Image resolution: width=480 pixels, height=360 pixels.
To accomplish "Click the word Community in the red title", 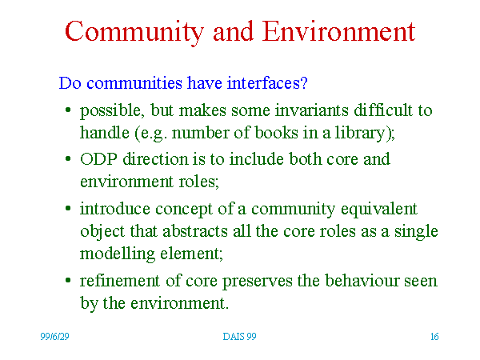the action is tap(134, 33).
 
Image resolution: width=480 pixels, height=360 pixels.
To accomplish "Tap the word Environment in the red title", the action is tap(338, 31).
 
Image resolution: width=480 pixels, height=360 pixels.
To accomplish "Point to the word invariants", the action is tap(312, 110).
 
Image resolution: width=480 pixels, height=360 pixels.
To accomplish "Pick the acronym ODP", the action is tap(98, 159).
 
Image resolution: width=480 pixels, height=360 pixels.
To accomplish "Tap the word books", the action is tap(276, 133).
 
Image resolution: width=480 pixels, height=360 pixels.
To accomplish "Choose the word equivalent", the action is tap(379, 210).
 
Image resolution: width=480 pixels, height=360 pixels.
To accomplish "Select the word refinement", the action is tap(120, 281).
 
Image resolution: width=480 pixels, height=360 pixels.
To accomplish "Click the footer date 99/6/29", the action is tap(54, 337).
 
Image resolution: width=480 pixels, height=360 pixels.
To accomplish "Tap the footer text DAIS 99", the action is tap(239, 337).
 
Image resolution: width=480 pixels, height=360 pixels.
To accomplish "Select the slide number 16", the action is tap(434, 337).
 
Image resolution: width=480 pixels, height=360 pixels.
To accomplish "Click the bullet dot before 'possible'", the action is tap(68, 110).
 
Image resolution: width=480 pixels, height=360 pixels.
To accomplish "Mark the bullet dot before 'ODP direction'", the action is tap(68, 158).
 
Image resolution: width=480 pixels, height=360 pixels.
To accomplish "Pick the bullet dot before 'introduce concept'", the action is tap(68, 209).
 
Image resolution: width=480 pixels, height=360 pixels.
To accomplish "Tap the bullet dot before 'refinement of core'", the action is tap(68, 280).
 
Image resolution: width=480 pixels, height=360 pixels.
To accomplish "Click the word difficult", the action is tap(383, 110).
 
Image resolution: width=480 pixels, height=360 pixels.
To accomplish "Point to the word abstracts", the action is tap(195, 231).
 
